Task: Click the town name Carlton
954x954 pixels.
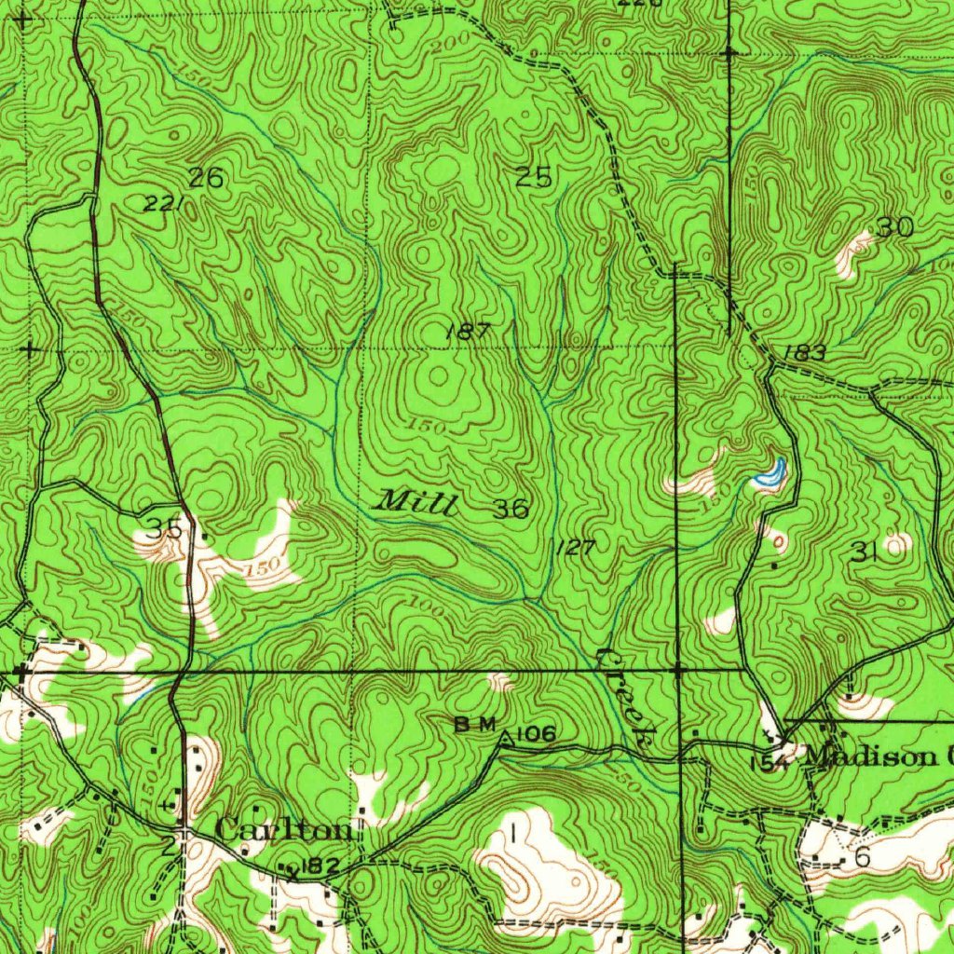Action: coord(284,829)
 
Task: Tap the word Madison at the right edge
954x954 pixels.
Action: coord(871,756)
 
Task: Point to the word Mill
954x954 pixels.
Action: coord(416,503)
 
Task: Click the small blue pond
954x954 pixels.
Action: coord(770,474)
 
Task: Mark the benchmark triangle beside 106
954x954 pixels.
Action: coord(505,739)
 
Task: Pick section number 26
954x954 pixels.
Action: coord(206,178)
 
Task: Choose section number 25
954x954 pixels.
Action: coord(534,178)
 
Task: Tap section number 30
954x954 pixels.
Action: coord(893,227)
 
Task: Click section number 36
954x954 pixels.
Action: coord(511,509)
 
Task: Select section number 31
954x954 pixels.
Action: coord(865,552)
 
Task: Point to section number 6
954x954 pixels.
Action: coord(862,857)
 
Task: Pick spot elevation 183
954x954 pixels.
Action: coord(804,353)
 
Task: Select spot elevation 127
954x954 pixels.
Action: coord(575,547)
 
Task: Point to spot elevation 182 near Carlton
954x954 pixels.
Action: coord(321,866)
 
